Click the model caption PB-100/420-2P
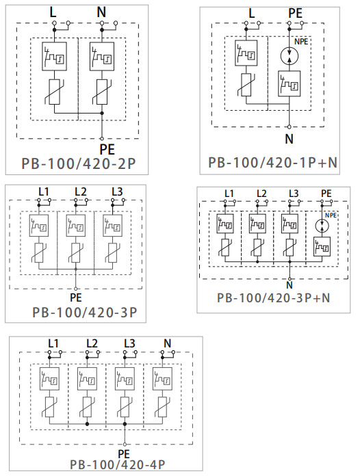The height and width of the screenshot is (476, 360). click(77, 165)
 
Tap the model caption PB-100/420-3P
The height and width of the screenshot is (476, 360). click(85, 313)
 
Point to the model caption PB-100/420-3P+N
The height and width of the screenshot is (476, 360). click(274, 297)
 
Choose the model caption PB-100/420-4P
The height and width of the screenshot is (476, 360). click(117, 464)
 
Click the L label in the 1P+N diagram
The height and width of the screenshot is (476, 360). click(252, 13)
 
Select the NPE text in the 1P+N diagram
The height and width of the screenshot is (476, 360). click(301, 42)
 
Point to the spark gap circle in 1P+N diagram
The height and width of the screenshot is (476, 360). click(290, 56)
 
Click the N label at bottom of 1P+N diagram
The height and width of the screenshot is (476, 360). click(290, 138)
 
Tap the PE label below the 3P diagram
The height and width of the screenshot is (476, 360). click(75, 297)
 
